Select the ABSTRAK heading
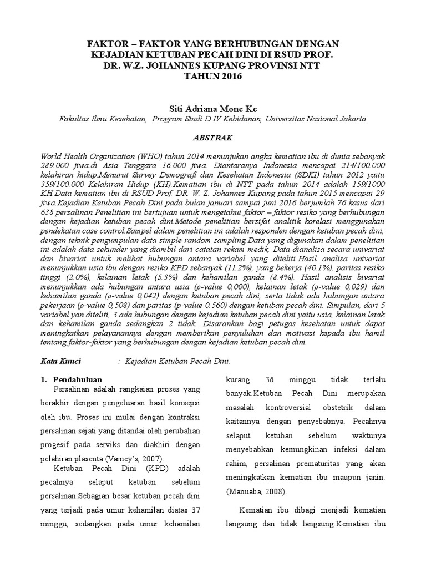click(212, 137)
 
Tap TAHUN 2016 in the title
click(213, 76)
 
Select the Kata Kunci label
click(62, 361)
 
